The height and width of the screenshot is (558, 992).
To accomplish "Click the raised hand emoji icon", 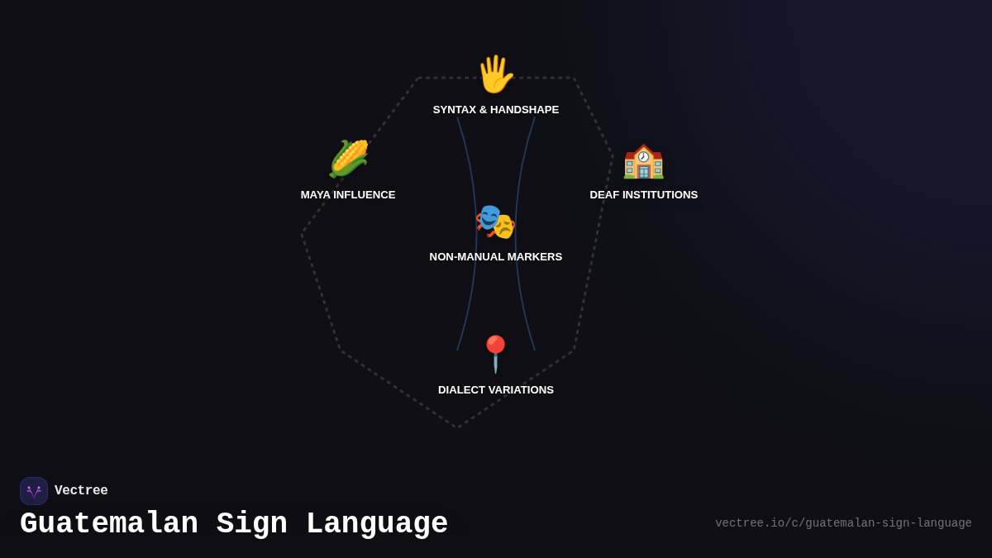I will coord(495,74).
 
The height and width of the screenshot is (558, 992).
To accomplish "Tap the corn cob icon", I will coord(348,159).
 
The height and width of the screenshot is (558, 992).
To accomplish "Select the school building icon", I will coord(643,160).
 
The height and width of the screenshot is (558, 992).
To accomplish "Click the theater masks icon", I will coord(495,222).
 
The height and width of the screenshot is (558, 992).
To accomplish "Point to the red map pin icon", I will coord(495,353).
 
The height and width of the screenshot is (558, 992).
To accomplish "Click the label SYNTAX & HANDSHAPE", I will coord(496,110).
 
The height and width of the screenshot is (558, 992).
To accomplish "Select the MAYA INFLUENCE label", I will coord(348,195).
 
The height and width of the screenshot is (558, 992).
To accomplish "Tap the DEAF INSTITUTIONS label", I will coord(643,195).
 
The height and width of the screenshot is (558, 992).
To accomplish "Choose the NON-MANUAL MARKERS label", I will coord(496,257).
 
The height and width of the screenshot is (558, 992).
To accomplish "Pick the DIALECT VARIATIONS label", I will coord(496,390).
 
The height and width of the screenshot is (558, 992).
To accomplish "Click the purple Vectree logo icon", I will coord(34,491).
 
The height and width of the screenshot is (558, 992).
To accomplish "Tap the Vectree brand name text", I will coord(81,491).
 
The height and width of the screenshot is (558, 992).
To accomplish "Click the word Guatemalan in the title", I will coord(109,524).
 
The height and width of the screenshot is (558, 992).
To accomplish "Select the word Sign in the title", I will coord(252,524).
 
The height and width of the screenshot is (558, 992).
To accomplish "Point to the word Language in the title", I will coord(377,524).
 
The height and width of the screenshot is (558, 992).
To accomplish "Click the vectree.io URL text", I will coord(843,523).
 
